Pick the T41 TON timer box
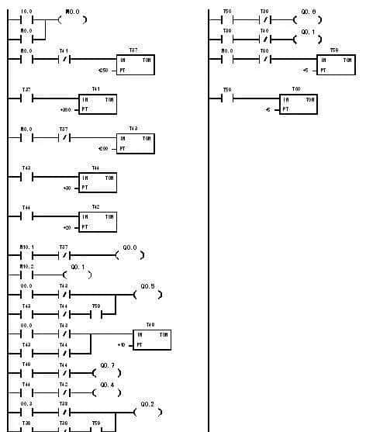click(x=97, y=105)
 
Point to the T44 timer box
click(x=97, y=182)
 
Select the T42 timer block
click(x=97, y=221)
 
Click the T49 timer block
click(x=151, y=340)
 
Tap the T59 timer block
click(x=335, y=64)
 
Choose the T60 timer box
click(x=298, y=104)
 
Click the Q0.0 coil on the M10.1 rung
click(x=129, y=255)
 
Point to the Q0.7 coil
click(x=107, y=373)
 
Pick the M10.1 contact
click(x=26, y=255)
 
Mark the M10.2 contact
click(x=26, y=275)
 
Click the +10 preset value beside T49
click(x=121, y=344)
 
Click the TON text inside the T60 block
click(x=309, y=99)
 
